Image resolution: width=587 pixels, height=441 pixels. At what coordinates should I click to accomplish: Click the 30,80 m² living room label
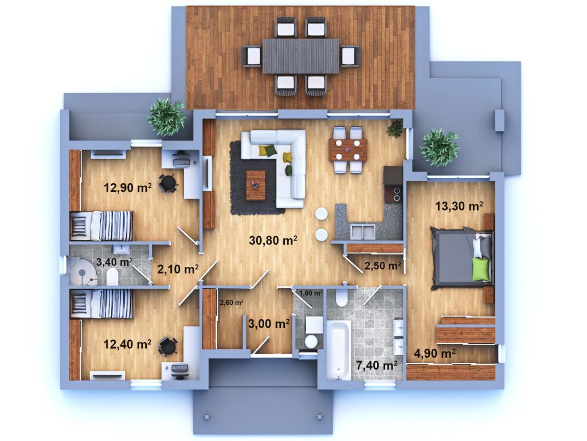(x=273, y=240)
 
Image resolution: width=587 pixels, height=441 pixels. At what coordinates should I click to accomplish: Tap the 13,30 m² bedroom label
(x=459, y=206)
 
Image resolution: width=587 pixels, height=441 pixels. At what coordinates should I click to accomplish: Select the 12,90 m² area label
(x=128, y=187)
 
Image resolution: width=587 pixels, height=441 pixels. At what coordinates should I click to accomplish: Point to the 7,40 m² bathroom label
(x=377, y=365)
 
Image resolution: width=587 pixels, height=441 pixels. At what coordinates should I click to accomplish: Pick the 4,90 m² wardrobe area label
(x=435, y=353)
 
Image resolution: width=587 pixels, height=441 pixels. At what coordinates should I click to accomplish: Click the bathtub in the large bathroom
(x=338, y=350)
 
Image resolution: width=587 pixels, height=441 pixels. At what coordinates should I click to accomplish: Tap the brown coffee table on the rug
(x=256, y=185)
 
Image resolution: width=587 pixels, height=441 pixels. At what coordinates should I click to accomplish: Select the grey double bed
(x=461, y=258)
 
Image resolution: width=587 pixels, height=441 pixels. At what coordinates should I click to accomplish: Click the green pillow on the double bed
(x=481, y=269)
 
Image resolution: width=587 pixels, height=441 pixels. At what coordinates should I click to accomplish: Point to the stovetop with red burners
(x=393, y=195)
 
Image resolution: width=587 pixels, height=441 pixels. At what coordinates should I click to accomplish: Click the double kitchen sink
(x=362, y=231)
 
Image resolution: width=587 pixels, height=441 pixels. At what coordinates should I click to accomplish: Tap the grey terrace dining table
(x=300, y=56)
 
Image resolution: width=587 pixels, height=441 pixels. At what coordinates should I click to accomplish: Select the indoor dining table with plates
(x=348, y=150)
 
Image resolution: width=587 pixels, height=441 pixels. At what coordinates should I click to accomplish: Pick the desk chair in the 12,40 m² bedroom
(x=168, y=345)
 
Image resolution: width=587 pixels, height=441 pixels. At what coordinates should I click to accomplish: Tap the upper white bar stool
(x=321, y=214)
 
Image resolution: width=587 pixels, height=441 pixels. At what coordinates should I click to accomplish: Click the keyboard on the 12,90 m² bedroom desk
(x=181, y=161)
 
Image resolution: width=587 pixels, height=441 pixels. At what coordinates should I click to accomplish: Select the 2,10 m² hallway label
(x=178, y=269)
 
